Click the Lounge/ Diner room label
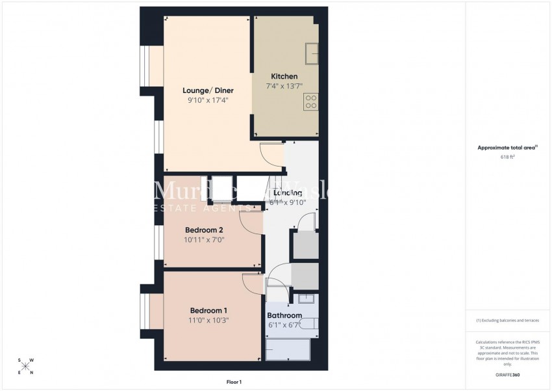coord(208,90)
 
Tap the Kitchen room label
coord(284,76)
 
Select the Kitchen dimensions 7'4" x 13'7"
coord(284,86)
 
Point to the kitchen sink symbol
coord(312,50)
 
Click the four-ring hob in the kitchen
coord(310,101)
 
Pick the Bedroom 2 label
coord(204,230)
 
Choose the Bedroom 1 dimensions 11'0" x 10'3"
coord(209,320)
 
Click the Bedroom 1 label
coord(209,310)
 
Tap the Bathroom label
coord(285,316)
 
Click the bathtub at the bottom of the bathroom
coord(288,349)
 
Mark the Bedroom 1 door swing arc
coord(252,282)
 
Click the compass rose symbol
coord(25,366)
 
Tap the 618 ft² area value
coord(507,157)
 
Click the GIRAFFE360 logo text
coord(507,375)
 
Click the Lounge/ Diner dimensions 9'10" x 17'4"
coord(208,100)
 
